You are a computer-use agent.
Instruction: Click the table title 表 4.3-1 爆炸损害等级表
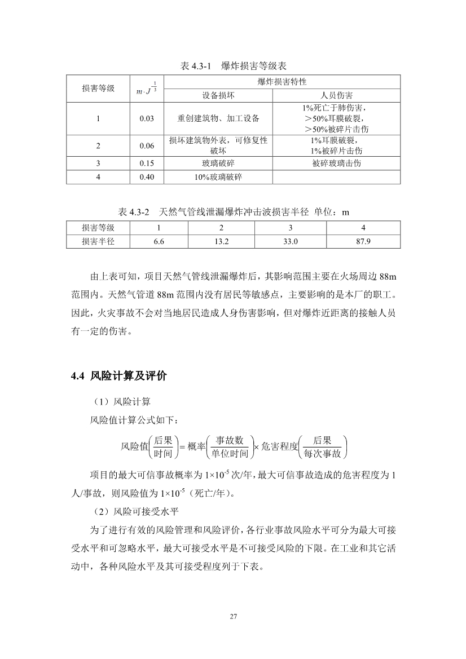coord(233,67)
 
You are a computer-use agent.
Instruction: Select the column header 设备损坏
coord(218,95)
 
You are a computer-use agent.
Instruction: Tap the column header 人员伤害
coord(336,95)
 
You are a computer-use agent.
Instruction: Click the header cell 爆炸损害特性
coord(282,82)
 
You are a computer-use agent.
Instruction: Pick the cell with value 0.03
coord(147,118)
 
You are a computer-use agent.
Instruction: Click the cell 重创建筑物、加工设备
coord(218,118)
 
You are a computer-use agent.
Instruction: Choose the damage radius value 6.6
coord(159,241)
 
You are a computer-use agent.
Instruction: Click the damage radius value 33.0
coord(290,241)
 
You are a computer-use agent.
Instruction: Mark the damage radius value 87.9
coord(363,241)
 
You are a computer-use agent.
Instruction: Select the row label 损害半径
coord(98,241)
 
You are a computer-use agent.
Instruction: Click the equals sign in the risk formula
coord(182,446)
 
